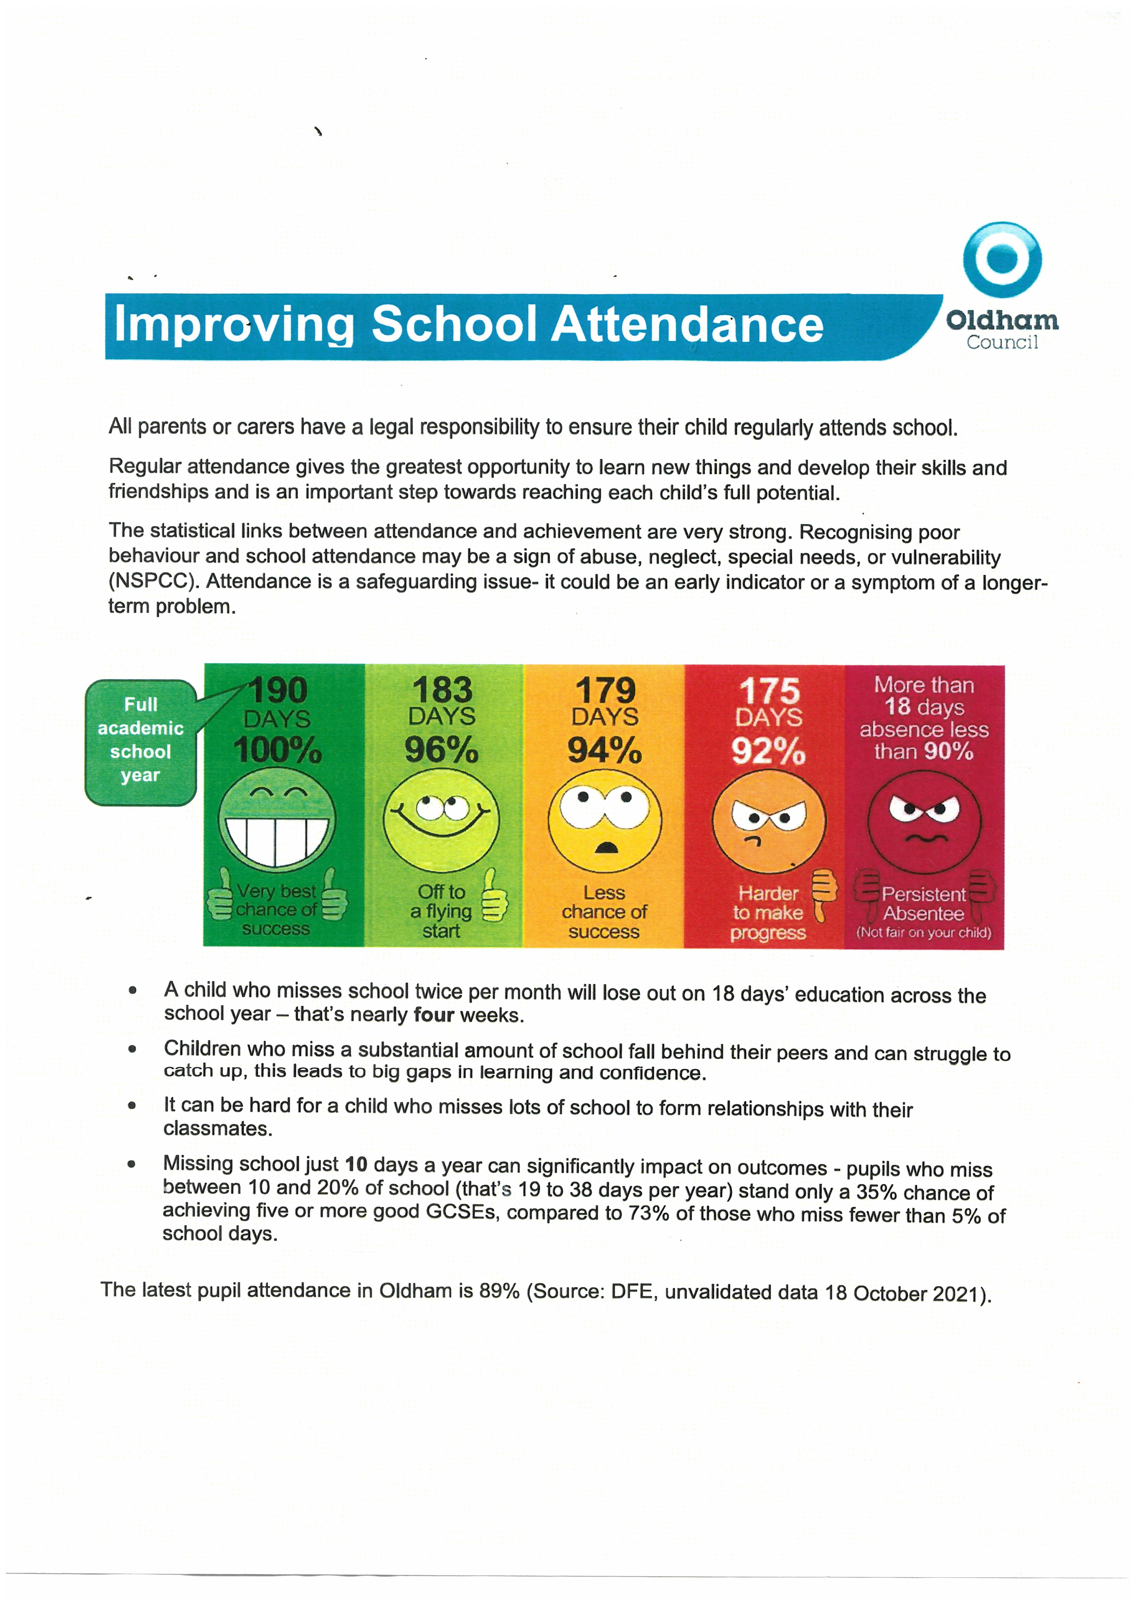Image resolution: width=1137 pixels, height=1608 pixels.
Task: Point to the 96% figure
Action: point(441,750)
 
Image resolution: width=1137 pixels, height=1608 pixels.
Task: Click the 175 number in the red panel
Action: point(769,691)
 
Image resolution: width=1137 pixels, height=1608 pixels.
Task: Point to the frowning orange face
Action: point(768,821)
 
